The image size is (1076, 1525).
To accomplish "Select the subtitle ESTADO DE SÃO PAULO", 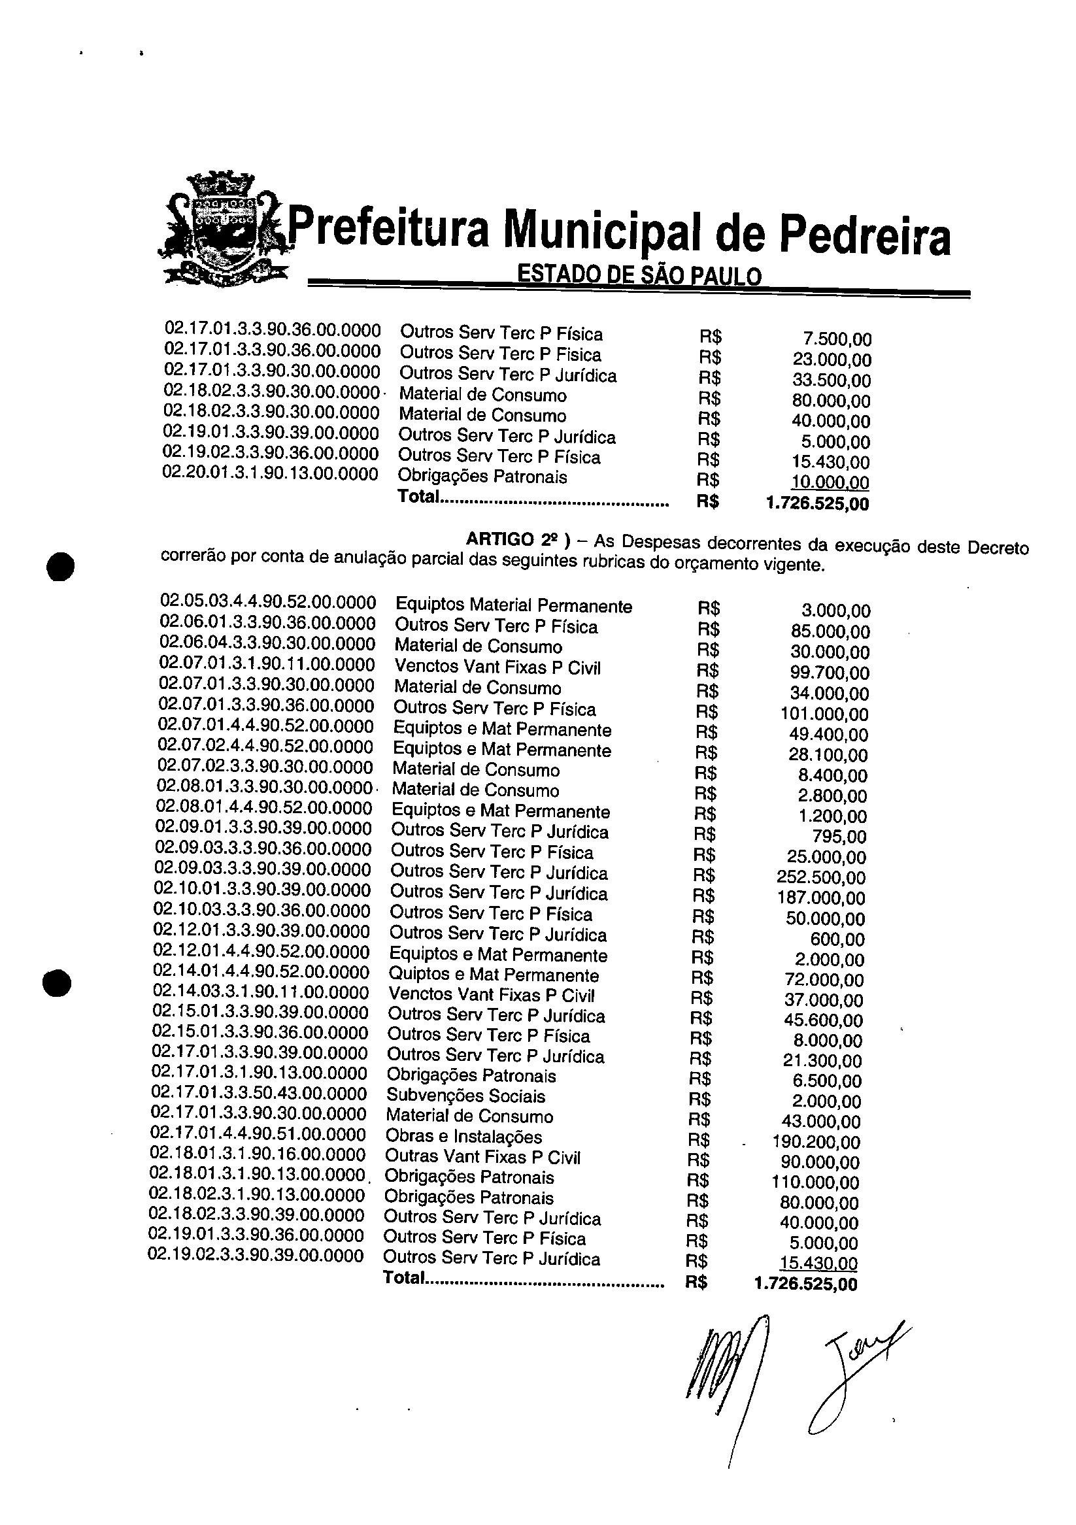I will (x=639, y=275).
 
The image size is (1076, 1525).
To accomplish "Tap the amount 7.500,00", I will (x=837, y=339).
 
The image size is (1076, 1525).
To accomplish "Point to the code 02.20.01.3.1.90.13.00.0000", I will (x=271, y=475).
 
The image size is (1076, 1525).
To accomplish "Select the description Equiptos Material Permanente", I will (x=513, y=606).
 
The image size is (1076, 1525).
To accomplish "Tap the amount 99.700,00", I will (x=830, y=673).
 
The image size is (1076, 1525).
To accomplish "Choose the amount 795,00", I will (x=839, y=836).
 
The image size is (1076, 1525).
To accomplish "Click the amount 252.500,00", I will (x=821, y=877).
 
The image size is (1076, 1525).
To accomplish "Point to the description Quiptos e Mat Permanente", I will (x=494, y=976).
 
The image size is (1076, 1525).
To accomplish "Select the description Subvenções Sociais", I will (x=465, y=1097).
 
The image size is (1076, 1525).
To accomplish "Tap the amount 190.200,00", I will (x=816, y=1143).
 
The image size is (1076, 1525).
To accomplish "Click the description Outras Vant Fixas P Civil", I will (x=482, y=1158).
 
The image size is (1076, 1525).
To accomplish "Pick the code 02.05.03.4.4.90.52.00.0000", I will (x=267, y=603).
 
